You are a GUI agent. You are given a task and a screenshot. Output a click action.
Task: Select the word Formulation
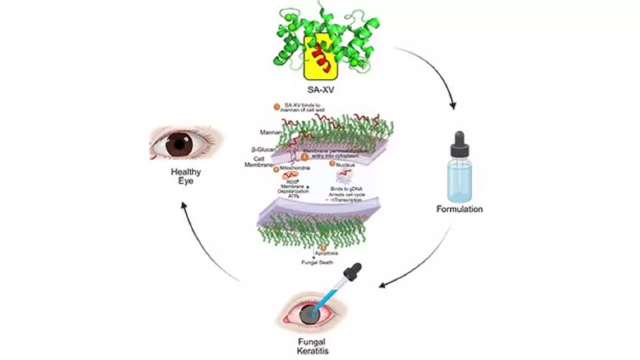(459, 209)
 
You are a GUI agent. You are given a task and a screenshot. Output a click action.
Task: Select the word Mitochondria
(296, 168)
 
